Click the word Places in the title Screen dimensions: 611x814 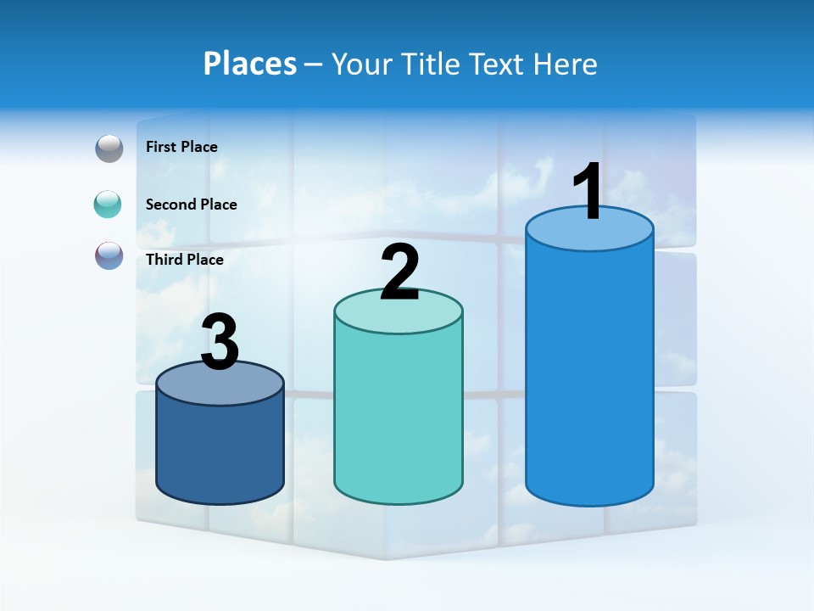(250, 64)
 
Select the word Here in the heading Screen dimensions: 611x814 (566, 64)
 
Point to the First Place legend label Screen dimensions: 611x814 (181, 147)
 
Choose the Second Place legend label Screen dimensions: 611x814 (191, 204)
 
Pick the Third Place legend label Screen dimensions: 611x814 (184, 260)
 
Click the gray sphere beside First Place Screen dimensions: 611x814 (109, 149)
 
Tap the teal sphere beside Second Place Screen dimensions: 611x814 (109, 205)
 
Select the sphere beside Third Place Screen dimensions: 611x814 (109, 255)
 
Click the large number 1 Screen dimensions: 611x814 (588, 192)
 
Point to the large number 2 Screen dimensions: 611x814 (400, 272)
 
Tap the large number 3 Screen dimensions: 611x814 (220, 342)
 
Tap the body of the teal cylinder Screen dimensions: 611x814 (398, 416)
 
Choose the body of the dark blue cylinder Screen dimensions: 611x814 (220, 450)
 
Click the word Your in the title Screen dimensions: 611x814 (360, 64)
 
